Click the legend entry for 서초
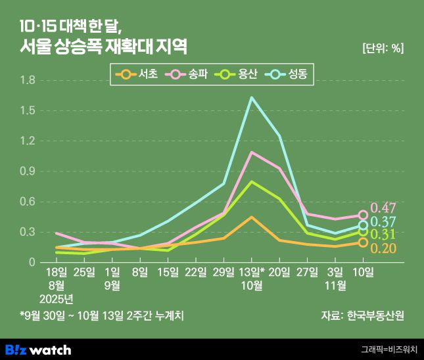tap(137, 74)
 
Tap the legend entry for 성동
tap(290, 74)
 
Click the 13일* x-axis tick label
tap(252, 271)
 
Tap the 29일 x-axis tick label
tap(224, 271)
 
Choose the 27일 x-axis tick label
tap(308, 271)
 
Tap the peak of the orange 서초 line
tap(252, 217)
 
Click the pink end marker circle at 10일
tap(363, 215)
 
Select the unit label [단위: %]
tap(383, 47)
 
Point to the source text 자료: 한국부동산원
tap(362, 315)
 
